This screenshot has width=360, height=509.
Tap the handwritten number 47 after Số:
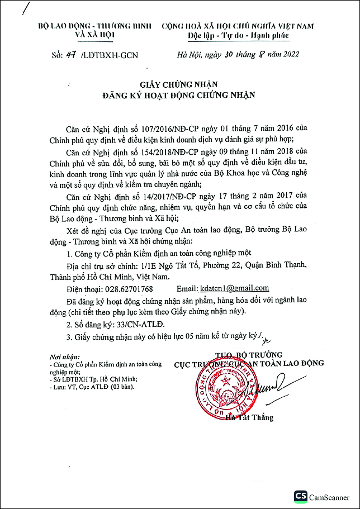coord(70,54)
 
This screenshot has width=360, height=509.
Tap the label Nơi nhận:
coord(64,356)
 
